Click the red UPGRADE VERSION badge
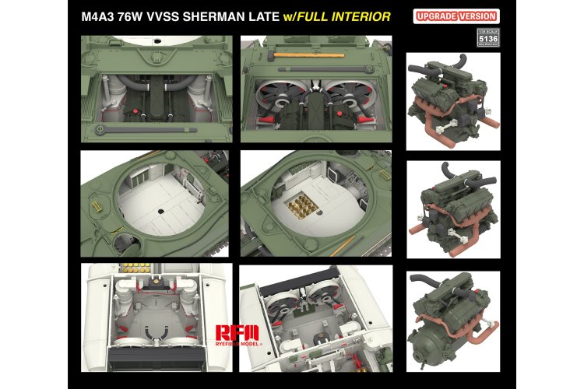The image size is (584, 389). [x=465, y=16]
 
